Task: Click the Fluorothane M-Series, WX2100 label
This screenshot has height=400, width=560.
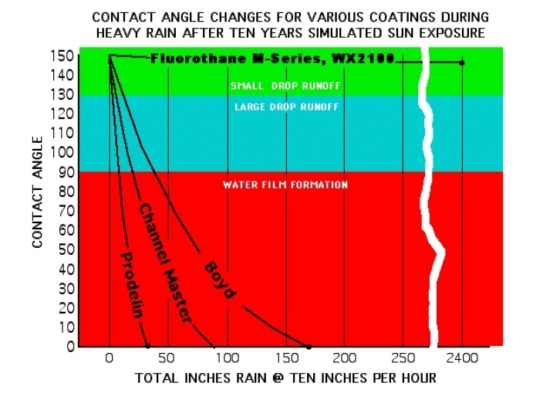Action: [x=273, y=59]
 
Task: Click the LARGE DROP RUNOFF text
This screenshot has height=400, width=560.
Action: [x=285, y=107]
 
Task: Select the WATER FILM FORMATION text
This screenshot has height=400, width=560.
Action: [x=285, y=185]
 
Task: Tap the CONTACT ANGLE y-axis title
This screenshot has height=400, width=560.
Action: [x=38, y=191]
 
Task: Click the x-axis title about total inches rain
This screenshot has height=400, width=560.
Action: [x=285, y=378]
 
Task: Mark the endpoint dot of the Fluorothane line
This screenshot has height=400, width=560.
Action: [x=462, y=63]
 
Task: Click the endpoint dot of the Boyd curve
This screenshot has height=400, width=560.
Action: [x=308, y=347]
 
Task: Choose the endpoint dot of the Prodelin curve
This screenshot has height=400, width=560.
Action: [x=147, y=347]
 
